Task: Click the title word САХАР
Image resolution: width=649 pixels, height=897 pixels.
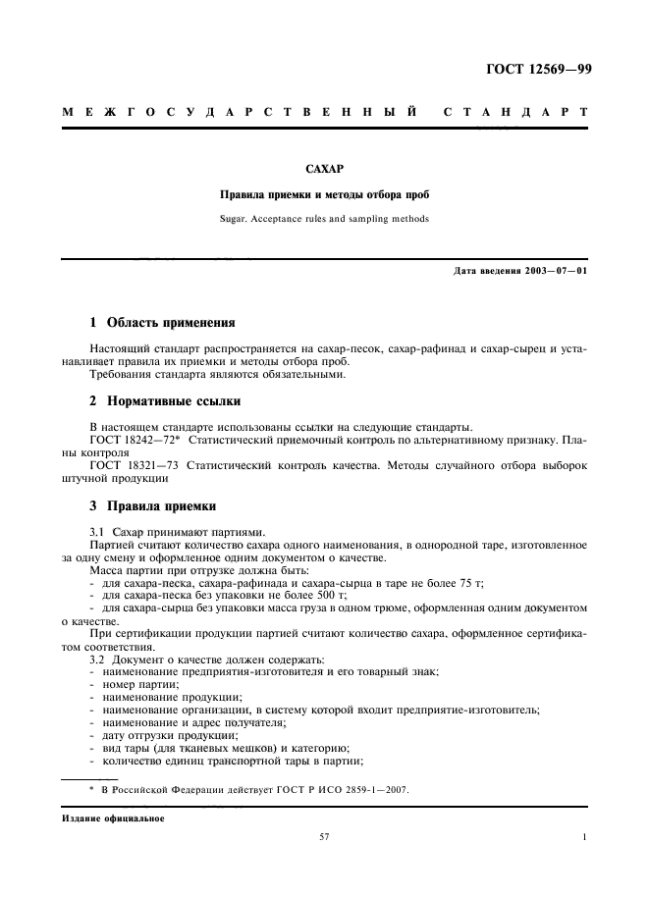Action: point(325,169)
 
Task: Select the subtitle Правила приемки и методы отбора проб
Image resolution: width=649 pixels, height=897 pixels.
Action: point(325,194)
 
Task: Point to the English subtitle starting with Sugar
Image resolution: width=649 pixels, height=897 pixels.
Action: point(325,218)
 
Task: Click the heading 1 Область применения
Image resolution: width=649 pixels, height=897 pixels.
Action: point(162,322)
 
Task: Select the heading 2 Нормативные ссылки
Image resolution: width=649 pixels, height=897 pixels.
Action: point(166,401)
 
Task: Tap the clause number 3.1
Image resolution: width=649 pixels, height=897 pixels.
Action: point(97,531)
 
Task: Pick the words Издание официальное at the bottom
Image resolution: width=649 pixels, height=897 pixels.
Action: point(116,818)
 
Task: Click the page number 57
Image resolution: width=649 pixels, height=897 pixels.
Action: point(324,837)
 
